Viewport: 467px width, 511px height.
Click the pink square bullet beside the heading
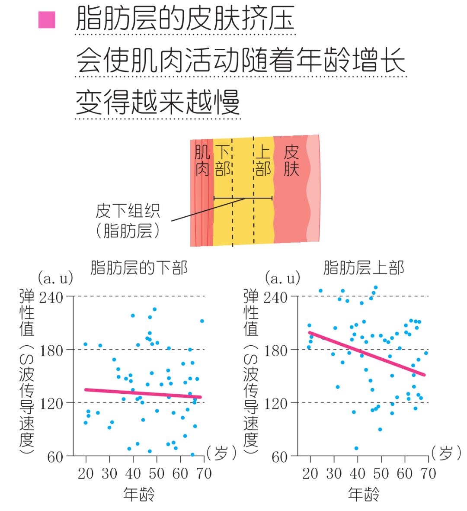[x=47, y=20]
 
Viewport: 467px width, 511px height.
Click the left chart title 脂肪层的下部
[x=139, y=268]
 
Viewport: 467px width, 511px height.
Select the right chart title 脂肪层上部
[x=363, y=268]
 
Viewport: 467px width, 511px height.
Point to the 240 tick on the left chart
[x=51, y=297]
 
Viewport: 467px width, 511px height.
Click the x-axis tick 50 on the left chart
[x=157, y=473]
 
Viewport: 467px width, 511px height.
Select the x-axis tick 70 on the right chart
[x=428, y=473]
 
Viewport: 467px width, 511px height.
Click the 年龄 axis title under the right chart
[x=363, y=494]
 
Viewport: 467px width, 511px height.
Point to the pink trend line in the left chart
[x=143, y=393]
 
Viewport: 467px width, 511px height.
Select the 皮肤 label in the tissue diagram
[x=291, y=161]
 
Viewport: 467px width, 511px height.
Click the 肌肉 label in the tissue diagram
[x=202, y=161]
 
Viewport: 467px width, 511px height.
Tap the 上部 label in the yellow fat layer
[x=263, y=161]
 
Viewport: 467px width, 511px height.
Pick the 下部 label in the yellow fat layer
[x=222, y=161]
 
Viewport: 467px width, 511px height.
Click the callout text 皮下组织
[x=128, y=212]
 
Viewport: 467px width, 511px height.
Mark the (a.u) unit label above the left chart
[x=55, y=278]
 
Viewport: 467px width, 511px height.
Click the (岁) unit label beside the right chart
[x=446, y=453]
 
